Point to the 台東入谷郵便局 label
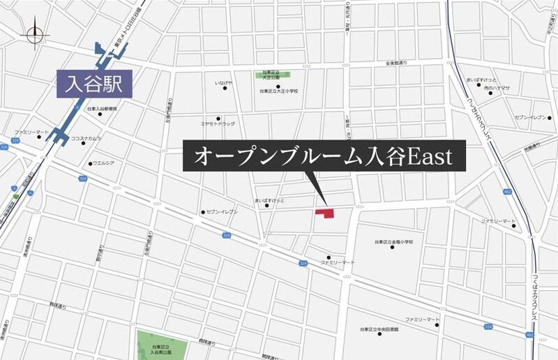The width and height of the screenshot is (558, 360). pyautogui.click(x=103, y=110)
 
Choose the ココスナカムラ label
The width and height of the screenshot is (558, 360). pyautogui.click(x=86, y=138)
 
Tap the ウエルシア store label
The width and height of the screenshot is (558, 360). pyautogui.click(x=103, y=164)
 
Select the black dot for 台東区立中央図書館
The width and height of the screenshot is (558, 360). pyautogui.click(x=379, y=334)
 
